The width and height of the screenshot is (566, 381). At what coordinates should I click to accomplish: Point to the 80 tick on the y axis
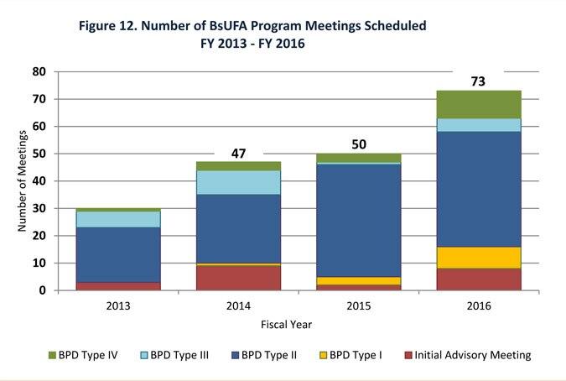39,72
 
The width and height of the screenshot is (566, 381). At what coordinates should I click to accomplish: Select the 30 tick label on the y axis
39,209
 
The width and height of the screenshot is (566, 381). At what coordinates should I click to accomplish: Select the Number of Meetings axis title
22,180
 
